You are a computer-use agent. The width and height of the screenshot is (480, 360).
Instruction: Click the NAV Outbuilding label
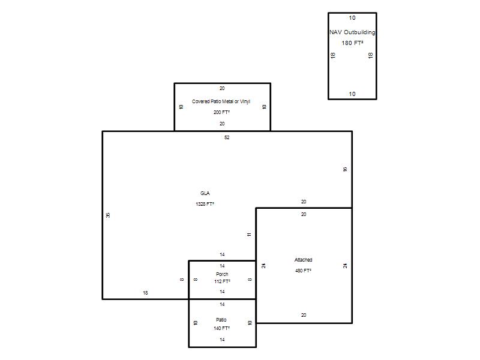coord(352,32)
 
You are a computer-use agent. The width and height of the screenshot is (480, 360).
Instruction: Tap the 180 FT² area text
coord(352,43)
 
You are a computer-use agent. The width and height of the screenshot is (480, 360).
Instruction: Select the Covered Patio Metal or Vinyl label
coord(221,101)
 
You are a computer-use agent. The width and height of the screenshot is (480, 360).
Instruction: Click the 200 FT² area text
coord(221,112)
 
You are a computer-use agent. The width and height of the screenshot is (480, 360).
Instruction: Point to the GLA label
coord(205,193)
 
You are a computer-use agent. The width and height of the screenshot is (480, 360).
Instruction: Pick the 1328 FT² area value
coord(205,204)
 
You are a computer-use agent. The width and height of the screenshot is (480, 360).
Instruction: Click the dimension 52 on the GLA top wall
coord(227,137)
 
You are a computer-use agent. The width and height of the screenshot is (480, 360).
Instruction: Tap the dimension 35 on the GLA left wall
coord(108,215)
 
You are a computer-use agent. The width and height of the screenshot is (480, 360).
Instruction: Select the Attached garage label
coord(304,260)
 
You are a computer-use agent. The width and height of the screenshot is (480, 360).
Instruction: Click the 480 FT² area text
coord(304,271)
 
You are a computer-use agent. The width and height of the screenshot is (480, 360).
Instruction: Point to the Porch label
coord(222,274)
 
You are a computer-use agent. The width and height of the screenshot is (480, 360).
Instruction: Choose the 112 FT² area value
coord(222,281)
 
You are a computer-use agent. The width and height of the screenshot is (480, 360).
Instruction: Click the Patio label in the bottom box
coord(221,320)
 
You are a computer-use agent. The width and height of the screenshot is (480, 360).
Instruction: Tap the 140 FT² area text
coord(221,328)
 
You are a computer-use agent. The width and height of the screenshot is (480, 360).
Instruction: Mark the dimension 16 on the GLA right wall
coord(345,169)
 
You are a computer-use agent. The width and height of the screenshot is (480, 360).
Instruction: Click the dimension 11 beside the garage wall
coord(249,235)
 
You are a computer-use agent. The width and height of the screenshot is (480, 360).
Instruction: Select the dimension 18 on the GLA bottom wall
coord(145,293)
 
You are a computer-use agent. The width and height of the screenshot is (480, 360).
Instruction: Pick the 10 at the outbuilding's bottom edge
coord(352,94)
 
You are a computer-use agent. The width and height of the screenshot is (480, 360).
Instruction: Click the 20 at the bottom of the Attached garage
coord(304,315)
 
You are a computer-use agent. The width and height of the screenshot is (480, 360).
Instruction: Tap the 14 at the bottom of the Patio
coord(222,340)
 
